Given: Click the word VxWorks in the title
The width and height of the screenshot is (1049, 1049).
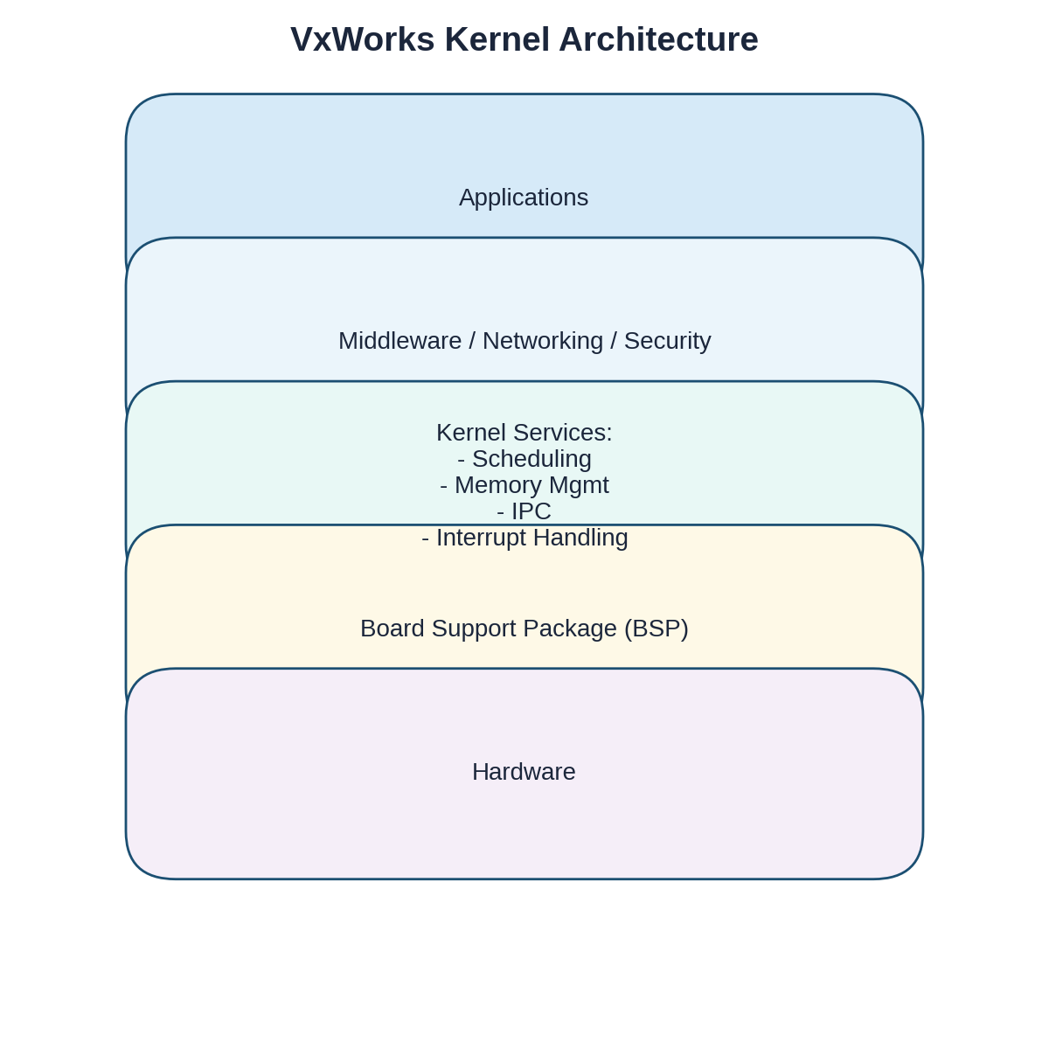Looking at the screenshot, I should coord(362,39).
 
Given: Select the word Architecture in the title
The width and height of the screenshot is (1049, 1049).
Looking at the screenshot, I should coord(658,39).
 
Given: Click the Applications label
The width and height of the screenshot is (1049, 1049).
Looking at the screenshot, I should coord(524,198).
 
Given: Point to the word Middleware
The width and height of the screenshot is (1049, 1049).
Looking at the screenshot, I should coord(399,341).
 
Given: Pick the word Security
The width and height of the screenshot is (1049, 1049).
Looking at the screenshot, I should coord(667,341).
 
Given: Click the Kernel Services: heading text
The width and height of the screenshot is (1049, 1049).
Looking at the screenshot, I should coord(524,433).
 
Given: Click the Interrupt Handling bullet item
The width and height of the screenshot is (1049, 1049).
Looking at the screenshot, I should coord(524,538).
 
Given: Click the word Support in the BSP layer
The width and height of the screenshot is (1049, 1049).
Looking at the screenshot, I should coord(463,629).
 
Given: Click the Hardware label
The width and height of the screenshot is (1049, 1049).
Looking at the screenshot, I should coord(524,772).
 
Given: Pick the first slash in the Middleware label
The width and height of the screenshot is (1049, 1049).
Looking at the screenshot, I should coord(472,341).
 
